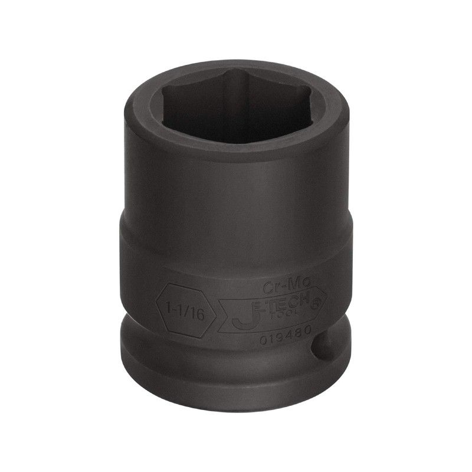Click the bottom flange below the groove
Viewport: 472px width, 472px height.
(236, 389)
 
